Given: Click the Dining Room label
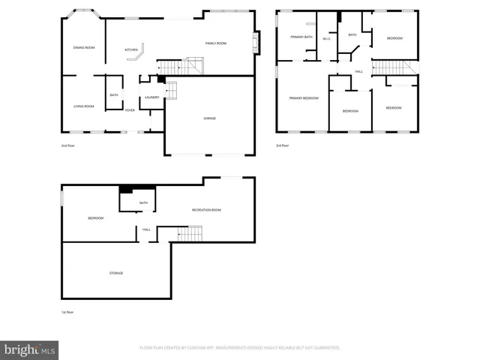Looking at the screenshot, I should click(84, 48).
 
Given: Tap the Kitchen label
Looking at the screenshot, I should click(131, 50).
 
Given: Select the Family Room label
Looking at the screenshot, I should click(216, 43).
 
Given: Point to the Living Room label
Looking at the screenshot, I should click(83, 106).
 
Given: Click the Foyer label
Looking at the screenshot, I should click(130, 110).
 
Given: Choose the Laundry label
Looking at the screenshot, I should click(151, 97).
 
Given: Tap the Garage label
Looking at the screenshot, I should click(210, 118).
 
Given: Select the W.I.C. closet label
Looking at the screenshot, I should click(327, 39).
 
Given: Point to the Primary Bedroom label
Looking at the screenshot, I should click(304, 98).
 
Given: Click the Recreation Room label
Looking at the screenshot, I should click(206, 210).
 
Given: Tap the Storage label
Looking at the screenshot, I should click(116, 273).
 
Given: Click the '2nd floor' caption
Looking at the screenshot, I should click(68, 145).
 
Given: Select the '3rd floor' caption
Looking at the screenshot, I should click(283, 145).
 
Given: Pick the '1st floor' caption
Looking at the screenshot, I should click(68, 312).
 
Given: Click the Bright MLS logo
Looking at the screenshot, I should click(30, 349).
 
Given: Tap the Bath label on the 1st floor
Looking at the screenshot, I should click(142, 202).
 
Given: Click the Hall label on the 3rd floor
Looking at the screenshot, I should click(359, 71).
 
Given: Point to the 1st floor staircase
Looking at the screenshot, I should click(190, 234).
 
